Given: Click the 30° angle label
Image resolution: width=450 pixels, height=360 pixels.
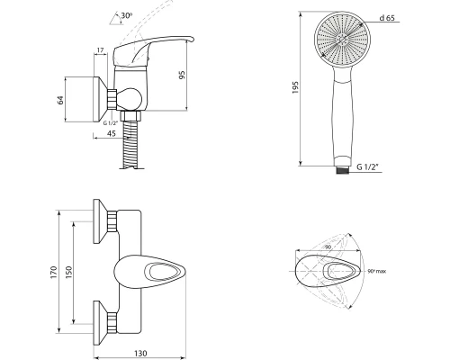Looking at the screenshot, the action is coord(127,15).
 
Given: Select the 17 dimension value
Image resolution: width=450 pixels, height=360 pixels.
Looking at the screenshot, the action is coord(100,50).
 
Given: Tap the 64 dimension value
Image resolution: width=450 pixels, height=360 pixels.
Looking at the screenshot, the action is coord(60,100).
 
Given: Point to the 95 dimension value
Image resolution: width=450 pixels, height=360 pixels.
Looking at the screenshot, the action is coord(182,75).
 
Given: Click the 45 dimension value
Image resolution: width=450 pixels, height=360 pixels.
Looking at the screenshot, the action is coord(112,133).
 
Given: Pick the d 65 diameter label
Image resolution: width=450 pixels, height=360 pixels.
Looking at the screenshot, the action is coord(387,18).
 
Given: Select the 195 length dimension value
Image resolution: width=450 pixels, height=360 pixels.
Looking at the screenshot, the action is coord(295,87).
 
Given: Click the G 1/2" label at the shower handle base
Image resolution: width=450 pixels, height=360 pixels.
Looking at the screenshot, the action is coord(368,167).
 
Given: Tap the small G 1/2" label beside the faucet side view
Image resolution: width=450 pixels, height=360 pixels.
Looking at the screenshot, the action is coord(111,123).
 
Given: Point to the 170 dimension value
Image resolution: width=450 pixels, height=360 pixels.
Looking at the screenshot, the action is coord(54,272).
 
